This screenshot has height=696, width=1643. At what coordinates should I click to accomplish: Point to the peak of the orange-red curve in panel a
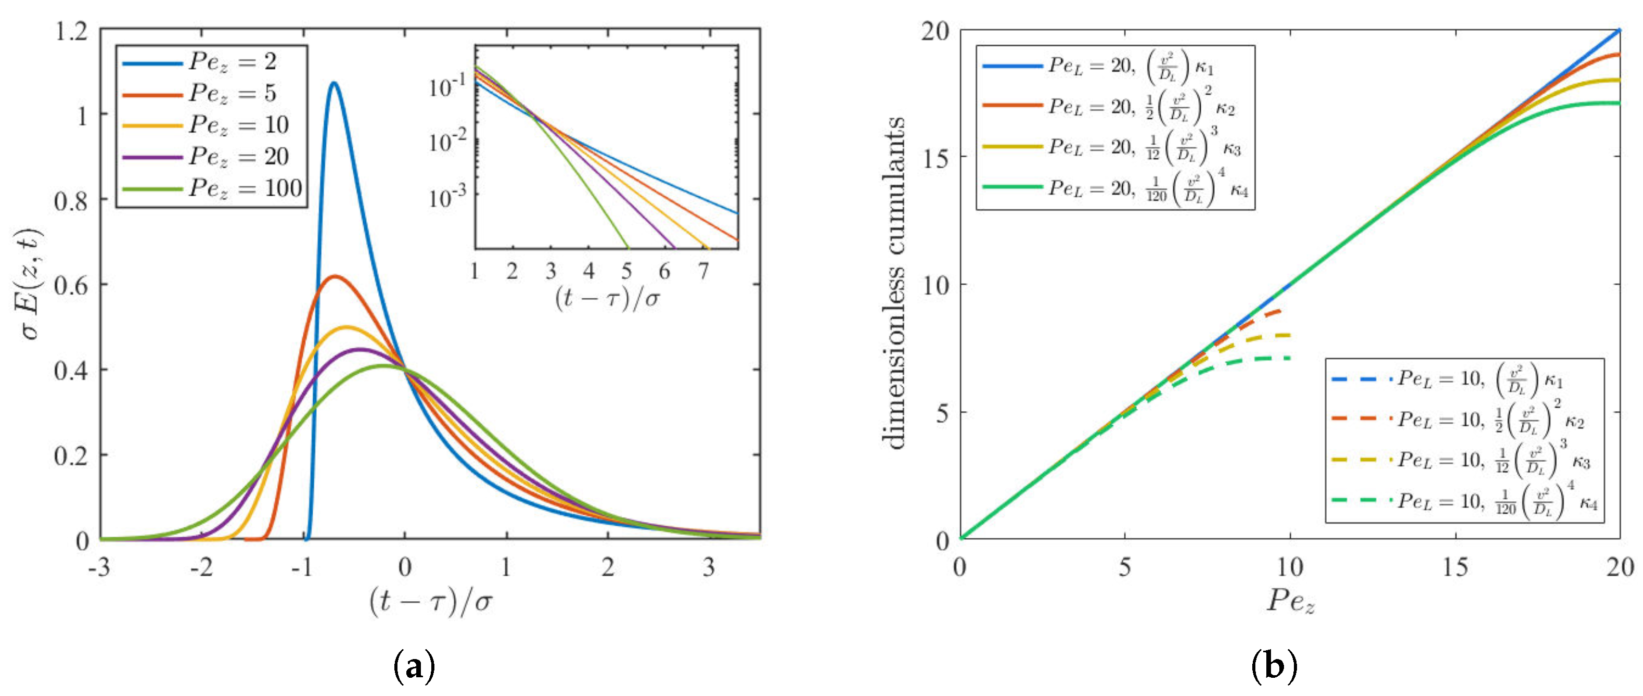click(333, 276)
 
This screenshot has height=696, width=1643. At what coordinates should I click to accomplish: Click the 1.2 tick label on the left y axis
click(71, 31)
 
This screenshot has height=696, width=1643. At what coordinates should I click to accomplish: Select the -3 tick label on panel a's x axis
click(99, 566)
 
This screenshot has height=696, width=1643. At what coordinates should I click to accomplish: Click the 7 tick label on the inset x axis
click(703, 272)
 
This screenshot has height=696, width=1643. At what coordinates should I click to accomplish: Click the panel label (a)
click(414, 667)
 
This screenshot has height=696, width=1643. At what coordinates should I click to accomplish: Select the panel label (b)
click(1274, 667)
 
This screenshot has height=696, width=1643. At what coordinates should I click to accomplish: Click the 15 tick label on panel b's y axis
click(935, 156)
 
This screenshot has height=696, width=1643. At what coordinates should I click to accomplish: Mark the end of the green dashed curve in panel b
click(1290, 358)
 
